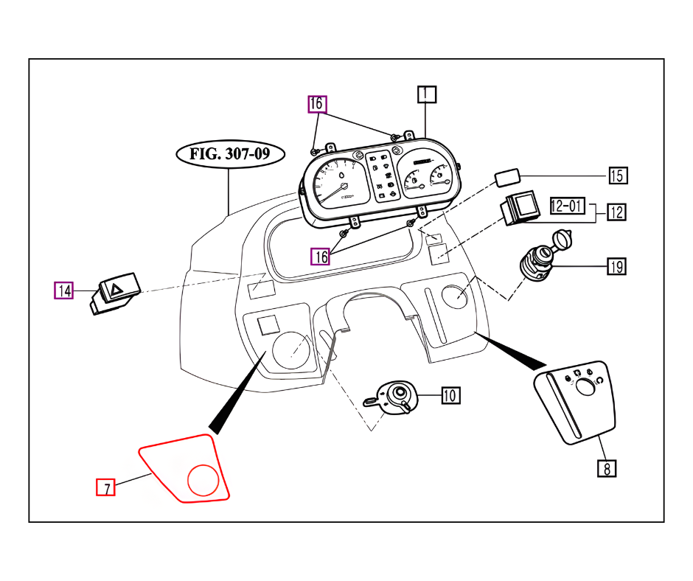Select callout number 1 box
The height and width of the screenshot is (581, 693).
pyautogui.click(x=426, y=94)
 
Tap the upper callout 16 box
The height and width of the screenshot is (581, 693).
pyautogui.click(x=316, y=104)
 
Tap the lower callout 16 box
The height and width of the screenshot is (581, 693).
pyautogui.click(x=320, y=256)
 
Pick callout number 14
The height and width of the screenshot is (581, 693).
pyautogui.click(x=65, y=290)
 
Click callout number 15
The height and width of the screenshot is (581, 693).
pyautogui.click(x=618, y=175)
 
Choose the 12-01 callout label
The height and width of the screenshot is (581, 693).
pyautogui.click(x=567, y=206)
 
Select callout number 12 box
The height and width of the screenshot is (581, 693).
pyautogui.click(x=616, y=212)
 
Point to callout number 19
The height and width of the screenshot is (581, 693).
pyautogui.click(x=616, y=266)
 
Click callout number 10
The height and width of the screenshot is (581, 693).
pyautogui.click(x=450, y=395)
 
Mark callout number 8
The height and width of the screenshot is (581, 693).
pyautogui.click(x=606, y=467)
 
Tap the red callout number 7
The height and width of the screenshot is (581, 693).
pyautogui.click(x=106, y=487)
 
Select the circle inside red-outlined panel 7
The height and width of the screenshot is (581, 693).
pyautogui.click(x=203, y=479)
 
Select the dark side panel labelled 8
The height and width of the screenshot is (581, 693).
pyautogui.click(x=575, y=402)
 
